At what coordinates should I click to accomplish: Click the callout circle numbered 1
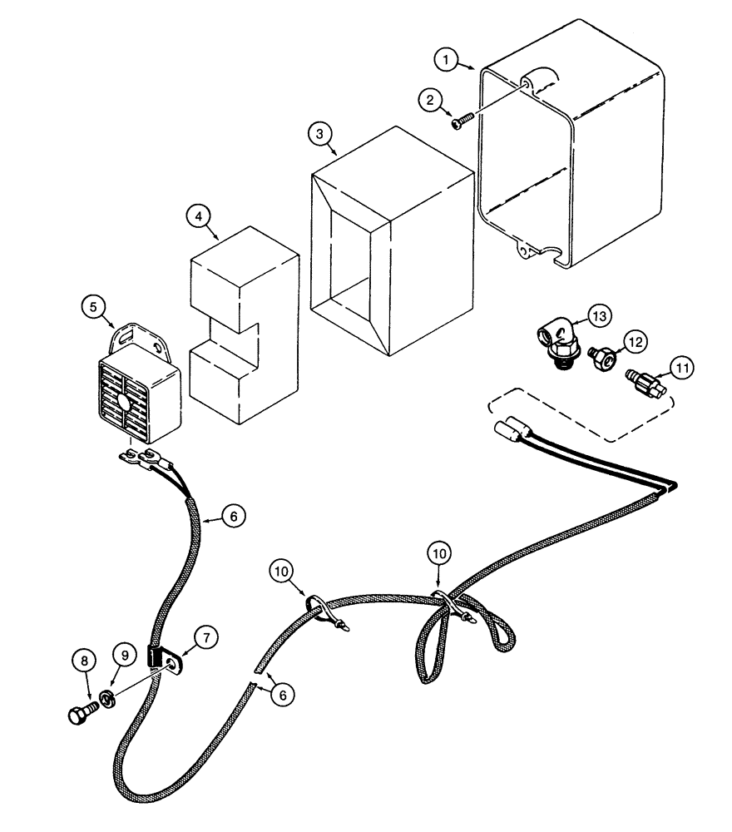(447, 59)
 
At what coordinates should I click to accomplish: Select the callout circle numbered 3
(319, 133)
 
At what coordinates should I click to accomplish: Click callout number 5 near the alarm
(94, 307)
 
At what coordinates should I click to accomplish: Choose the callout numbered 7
(208, 637)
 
